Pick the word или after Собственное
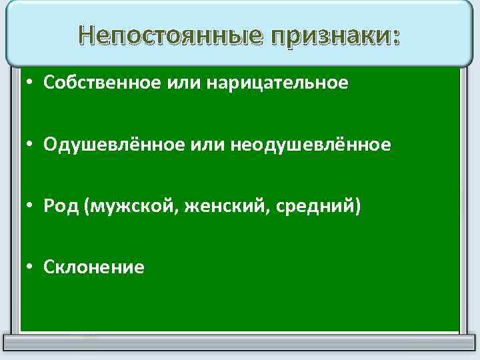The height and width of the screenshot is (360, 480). tap(182, 83)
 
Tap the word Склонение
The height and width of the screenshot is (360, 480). tap(93, 267)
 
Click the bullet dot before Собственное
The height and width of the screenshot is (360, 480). tap(31, 83)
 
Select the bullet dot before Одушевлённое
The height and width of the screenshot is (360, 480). tap(31, 145)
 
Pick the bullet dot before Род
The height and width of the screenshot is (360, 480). tap(31, 207)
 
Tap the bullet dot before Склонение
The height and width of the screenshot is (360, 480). tap(31, 268)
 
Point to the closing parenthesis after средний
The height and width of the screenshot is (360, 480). tap(358, 207)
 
